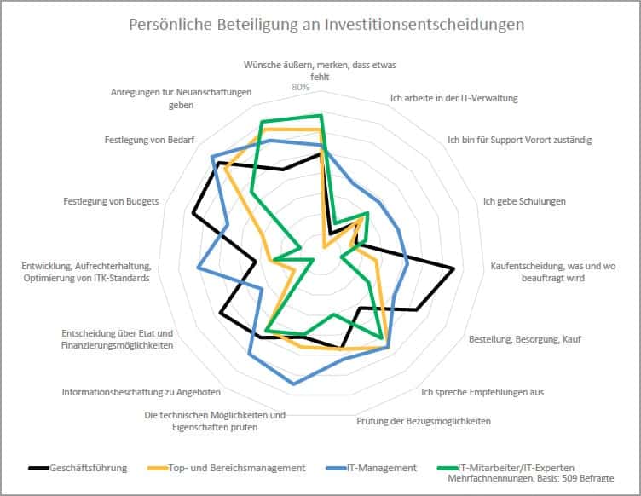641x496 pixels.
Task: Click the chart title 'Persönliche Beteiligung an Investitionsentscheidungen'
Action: tap(326, 25)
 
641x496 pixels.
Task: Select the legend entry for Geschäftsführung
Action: tap(89, 467)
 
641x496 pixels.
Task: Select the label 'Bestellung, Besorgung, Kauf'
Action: tap(517, 339)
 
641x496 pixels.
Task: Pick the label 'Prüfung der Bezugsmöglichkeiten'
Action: tap(423, 420)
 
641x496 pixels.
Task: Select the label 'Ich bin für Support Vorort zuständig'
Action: tap(519, 140)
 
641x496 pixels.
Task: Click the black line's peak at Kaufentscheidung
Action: tap(453, 269)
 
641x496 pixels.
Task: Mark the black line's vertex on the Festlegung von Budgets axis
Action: tap(193, 213)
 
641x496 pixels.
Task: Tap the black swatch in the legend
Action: tap(38, 468)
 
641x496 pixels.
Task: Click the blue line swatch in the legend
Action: tap(336, 468)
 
